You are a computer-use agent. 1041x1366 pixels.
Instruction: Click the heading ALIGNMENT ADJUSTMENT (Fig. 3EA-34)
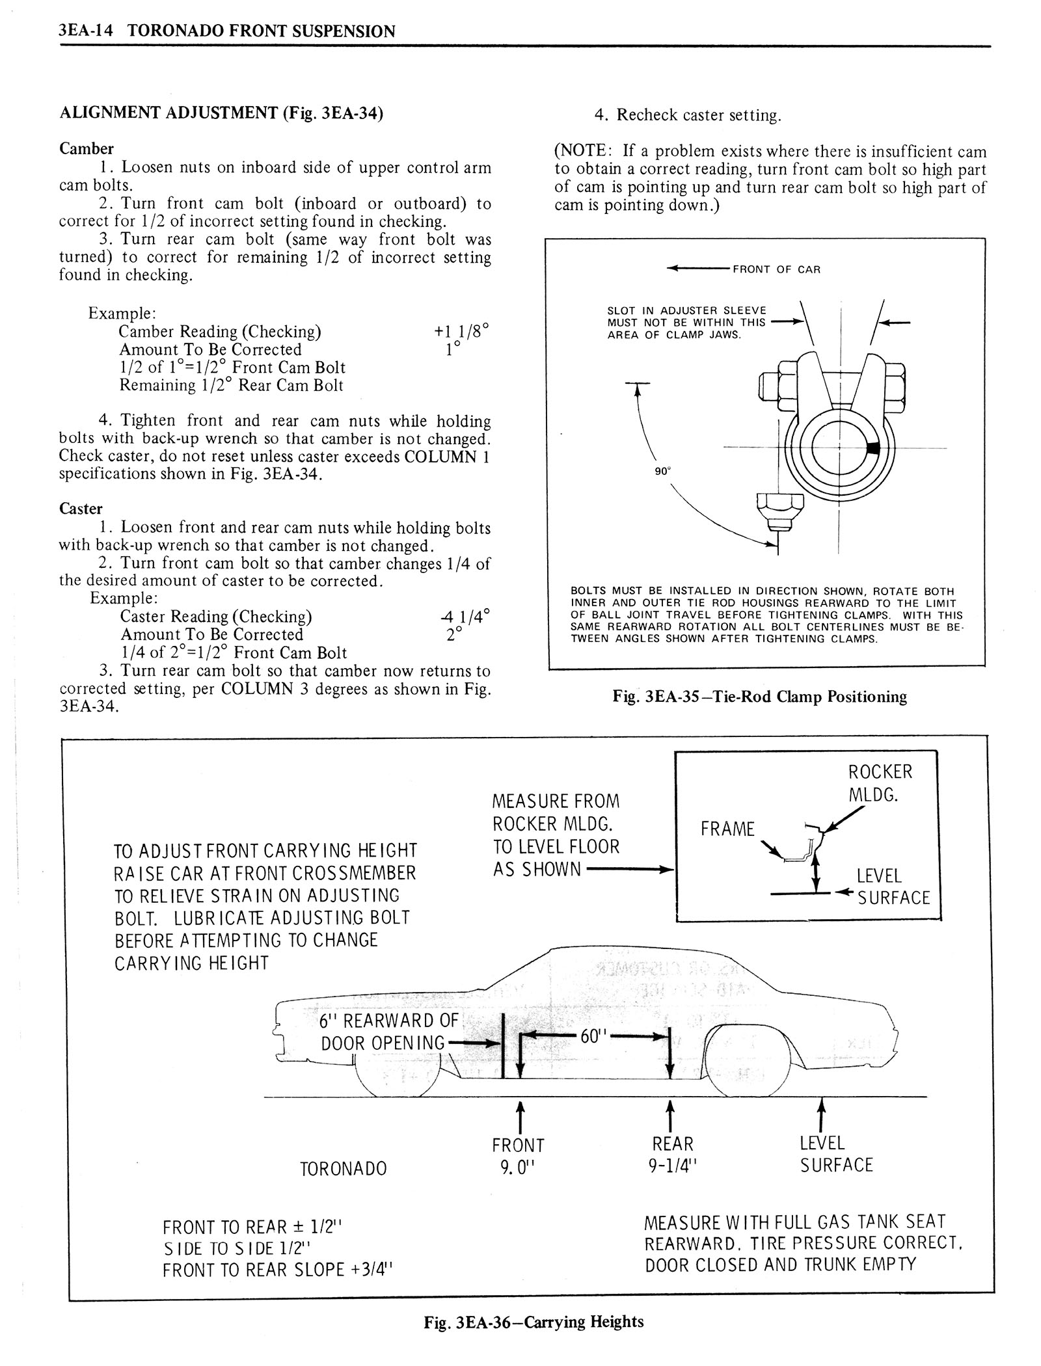[221, 113]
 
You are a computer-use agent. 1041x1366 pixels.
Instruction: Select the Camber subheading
[87, 149]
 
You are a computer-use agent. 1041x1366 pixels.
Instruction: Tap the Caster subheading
[81, 509]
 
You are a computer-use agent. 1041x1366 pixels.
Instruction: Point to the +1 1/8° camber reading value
[461, 331]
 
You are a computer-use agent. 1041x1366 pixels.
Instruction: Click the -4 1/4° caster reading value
[464, 615]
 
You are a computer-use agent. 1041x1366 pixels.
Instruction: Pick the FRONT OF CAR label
[776, 269]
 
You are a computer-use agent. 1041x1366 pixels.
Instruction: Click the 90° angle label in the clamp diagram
[662, 471]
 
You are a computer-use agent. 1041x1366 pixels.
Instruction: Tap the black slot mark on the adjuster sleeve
[873, 448]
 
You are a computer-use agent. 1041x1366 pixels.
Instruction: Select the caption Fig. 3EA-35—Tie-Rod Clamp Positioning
[759, 697]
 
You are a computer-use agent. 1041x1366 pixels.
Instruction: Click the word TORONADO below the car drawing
[343, 1169]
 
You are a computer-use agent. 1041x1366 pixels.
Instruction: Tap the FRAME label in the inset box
[727, 829]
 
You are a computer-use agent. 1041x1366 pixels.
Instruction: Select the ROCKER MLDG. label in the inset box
[880, 783]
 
